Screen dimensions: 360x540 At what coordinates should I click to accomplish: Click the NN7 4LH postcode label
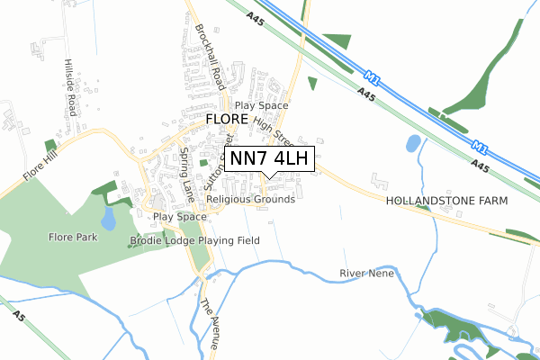(269, 159)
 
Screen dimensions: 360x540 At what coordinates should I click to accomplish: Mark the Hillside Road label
(68, 82)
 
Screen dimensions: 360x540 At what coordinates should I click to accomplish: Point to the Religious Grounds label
(250, 199)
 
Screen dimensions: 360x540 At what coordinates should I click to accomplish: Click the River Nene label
(368, 273)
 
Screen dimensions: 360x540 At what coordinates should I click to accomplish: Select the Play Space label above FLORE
(262, 105)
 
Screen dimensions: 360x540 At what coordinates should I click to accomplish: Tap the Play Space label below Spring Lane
(179, 217)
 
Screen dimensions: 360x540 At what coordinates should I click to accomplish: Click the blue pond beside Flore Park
(109, 219)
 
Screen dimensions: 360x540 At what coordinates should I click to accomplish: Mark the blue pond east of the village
(413, 142)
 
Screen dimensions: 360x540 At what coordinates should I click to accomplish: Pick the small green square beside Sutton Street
(203, 163)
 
